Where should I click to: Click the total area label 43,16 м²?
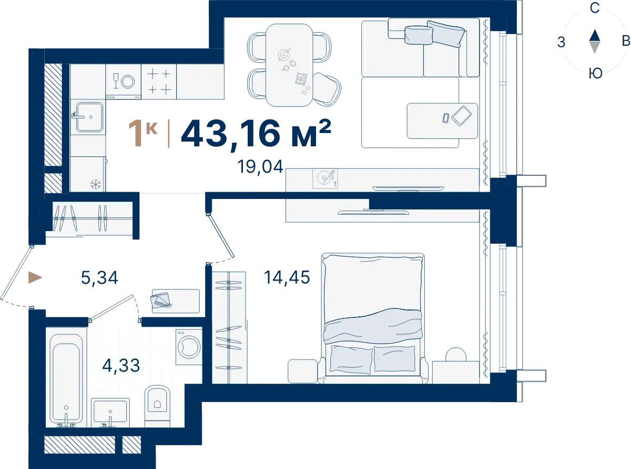pyautogui.click(x=256, y=134)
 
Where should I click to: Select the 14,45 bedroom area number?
pyautogui.click(x=287, y=277)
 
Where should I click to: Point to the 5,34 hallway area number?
pyautogui.click(x=99, y=277)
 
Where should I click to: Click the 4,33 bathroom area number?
pyautogui.click(x=121, y=365)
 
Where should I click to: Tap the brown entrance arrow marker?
pyautogui.click(x=35, y=277)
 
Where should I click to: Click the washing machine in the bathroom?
pyautogui.click(x=189, y=347)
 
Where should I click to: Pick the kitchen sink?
pyautogui.click(x=89, y=117)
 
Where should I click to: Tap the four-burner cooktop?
pyautogui.click(x=159, y=82)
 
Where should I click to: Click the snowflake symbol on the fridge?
pyautogui.click(x=96, y=185)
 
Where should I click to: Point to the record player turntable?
pyautogui.click(x=325, y=179)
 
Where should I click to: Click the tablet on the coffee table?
pyautogui.click(x=462, y=115)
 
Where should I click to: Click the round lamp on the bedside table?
pyautogui.click(x=456, y=355)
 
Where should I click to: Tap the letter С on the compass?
pyautogui.click(x=595, y=8)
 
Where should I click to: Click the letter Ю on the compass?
pyautogui.click(x=595, y=74)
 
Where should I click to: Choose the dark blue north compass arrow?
pyautogui.click(x=595, y=35)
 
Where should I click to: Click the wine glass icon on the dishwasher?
pyautogui.click(x=116, y=81)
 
